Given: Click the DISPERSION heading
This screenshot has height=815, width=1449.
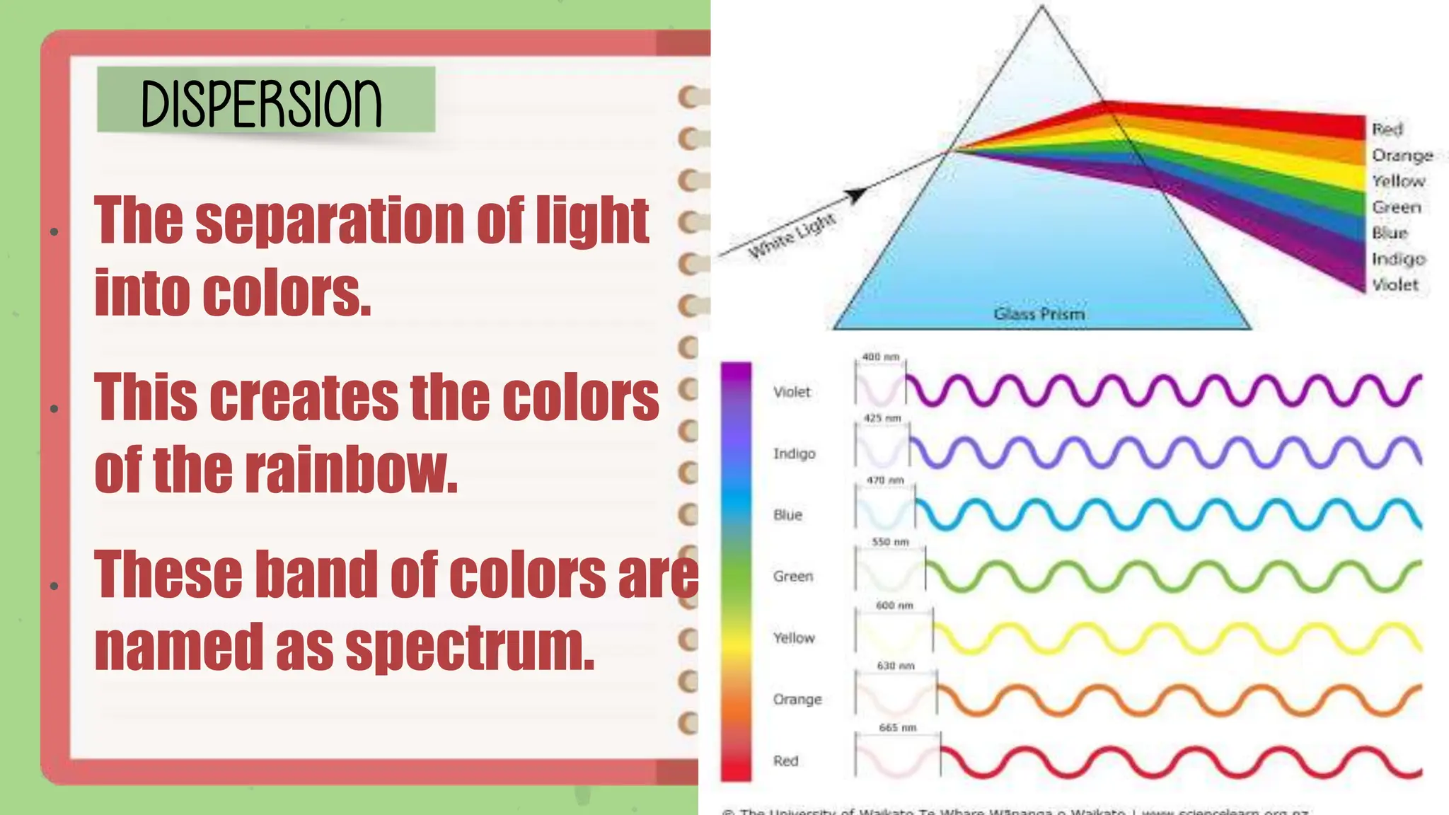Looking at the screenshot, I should [x=261, y=103].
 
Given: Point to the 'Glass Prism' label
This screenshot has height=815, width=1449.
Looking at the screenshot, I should [x=1039, y=313].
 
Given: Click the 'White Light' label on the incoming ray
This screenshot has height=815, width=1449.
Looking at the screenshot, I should [x=792, y=235].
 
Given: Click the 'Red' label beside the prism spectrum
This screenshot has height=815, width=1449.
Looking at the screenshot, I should [x=1387, y=129].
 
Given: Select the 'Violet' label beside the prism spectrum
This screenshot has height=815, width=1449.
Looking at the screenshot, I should [x=1395, y=284].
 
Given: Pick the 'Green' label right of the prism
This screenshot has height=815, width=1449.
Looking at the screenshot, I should [x=1396, y=207].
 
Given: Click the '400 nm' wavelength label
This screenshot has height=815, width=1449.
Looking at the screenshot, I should [x=880, y=357].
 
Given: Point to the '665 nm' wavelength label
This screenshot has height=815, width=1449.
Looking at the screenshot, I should [x=897, y=727].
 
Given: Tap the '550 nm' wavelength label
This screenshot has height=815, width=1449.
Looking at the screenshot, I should [x=890, y=542].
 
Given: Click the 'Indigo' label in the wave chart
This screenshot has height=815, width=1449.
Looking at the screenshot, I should [x=794, y=453].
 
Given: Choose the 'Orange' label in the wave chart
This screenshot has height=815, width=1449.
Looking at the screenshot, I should [x=797, y=699].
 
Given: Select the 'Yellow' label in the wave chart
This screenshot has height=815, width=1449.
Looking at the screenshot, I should [x=794, y=637].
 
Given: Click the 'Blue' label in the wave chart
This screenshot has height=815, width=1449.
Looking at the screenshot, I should [x=787, y=515].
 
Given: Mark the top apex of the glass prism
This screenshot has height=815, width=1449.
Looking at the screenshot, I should [x=1041, y=7].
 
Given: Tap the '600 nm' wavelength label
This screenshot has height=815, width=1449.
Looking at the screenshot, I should [x=894, y=606].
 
